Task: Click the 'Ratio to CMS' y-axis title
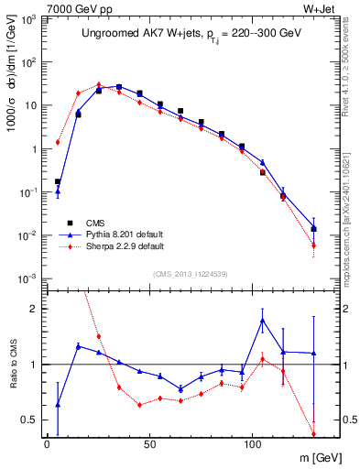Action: (11, 364)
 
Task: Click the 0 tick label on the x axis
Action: (47, 444)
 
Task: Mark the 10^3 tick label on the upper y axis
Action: (30, 19)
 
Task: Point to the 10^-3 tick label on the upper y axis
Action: (29, 278)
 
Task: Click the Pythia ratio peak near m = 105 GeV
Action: (262, 320)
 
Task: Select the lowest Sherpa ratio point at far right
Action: (313, 434)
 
